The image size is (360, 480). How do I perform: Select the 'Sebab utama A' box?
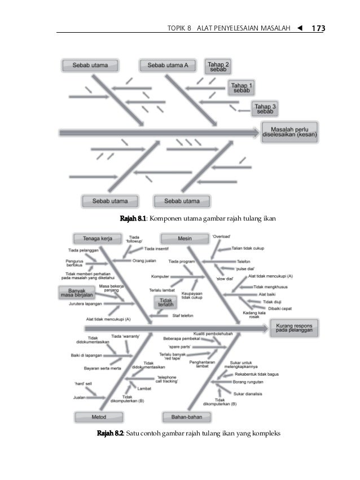[168, 65]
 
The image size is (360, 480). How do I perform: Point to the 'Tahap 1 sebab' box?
[242, 87]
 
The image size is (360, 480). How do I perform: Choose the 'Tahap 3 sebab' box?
[265, 108]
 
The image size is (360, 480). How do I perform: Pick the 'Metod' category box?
[91, 417]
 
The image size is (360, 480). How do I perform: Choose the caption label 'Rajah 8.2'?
[111, 434]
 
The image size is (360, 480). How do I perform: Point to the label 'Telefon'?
[243, 262]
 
